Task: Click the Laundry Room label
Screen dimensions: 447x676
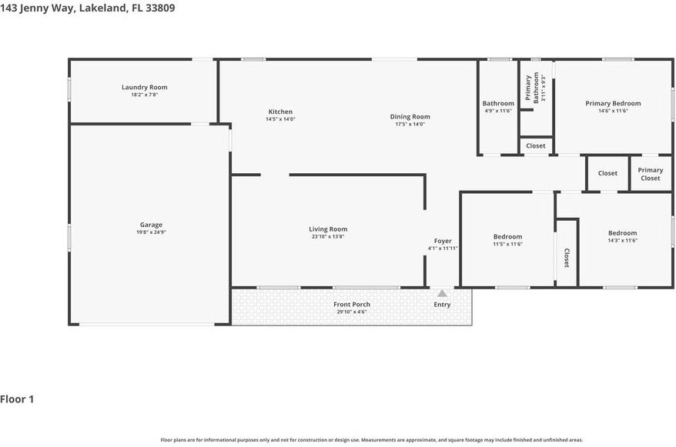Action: point(144,87)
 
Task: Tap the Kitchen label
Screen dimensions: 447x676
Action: point(280,112)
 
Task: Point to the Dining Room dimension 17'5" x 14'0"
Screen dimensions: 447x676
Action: point(410,124)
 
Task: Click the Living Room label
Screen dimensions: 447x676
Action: point(328,229)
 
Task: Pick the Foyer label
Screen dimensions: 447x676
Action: point(443,241)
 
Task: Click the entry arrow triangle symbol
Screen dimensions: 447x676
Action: point(442,293)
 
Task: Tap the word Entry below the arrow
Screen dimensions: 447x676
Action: point(442,305)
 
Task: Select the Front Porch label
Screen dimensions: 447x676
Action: point(351,304)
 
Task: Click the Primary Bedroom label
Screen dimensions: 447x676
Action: point(613,103)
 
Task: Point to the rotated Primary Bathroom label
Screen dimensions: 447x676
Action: point(529,88)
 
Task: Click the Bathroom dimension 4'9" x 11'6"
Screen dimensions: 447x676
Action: point(498,111)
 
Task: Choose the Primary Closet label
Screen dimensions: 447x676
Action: point(650,174)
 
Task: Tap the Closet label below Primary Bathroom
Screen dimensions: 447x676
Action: point(535,145)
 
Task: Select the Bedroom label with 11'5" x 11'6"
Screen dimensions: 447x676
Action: point(507,236)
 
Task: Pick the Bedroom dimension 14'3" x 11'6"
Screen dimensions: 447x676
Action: point(622,241)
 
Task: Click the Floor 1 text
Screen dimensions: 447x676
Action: point(17,399)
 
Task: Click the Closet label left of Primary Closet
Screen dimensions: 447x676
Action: point(607,173)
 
